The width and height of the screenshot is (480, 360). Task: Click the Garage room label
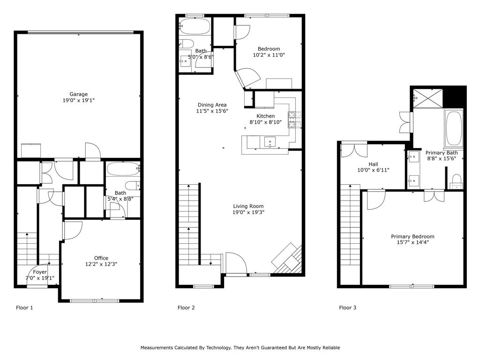click(79, 94)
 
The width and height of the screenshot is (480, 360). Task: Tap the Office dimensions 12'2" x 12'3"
click(101, 264)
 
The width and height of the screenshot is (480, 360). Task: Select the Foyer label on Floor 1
click(40, 272)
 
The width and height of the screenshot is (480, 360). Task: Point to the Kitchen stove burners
click(294, 120)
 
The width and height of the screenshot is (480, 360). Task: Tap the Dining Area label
click(212, 105)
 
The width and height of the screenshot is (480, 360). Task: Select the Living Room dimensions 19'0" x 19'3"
click(248, 212)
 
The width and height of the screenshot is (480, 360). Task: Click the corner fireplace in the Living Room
click(287, 259)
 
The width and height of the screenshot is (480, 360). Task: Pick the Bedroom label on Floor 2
click(269, 49)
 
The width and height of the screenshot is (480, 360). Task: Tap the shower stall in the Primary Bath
click(427, 98)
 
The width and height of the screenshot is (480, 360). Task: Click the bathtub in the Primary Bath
click(453, 128)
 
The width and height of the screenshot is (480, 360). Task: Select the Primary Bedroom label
click(412, 237)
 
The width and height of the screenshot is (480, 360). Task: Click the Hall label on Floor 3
click(373, 164)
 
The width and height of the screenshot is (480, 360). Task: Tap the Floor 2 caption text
click(186, 308)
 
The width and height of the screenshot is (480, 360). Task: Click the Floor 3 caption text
click(348, 308)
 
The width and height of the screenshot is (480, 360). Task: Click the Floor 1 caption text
click(25, 308)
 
